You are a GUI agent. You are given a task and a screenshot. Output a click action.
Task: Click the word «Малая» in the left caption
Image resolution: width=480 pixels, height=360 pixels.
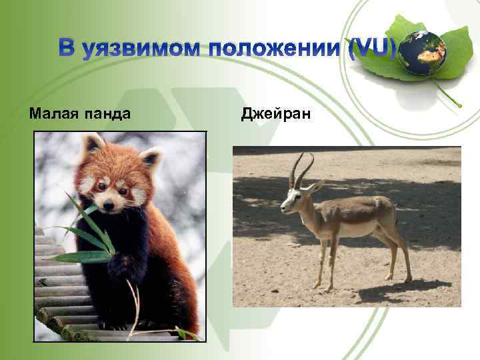(54, 114)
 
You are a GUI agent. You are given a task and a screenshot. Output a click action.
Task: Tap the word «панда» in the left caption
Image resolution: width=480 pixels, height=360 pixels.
(107, 114)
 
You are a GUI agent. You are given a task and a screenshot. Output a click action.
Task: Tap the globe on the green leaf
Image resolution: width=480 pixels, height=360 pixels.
(422, 53)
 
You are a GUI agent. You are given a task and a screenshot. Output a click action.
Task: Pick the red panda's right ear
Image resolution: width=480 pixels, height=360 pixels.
(151, 159)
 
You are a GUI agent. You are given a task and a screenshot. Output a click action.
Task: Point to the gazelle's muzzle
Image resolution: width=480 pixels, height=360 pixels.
(285, 209)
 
